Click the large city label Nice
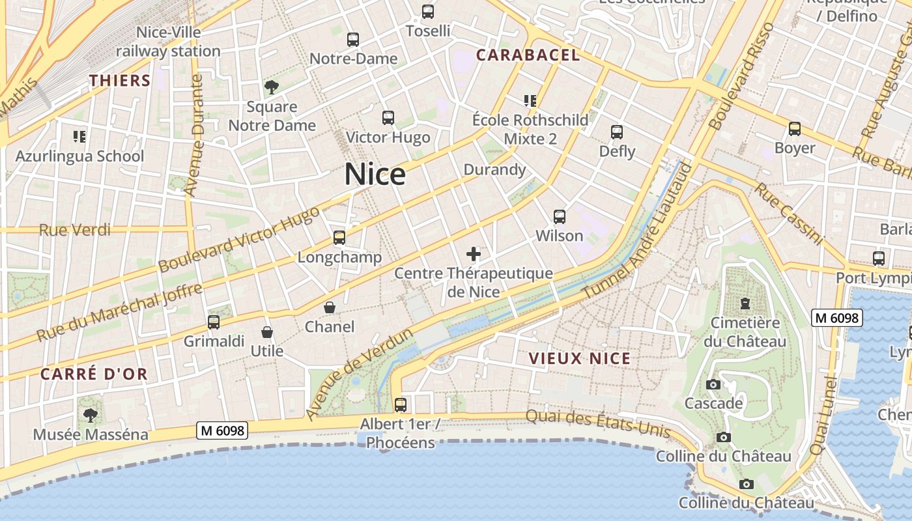[375, 174]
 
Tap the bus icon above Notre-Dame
[353, 40]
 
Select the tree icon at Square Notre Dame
[271, 87]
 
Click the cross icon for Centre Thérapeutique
[474, 254]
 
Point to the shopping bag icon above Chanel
[330, 307]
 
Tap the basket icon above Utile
[266, 332]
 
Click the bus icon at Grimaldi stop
[214, 322]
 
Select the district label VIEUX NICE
[580, 358]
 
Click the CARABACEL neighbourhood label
[528, 55]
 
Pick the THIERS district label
[120, 81]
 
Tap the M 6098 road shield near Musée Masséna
[222, 430]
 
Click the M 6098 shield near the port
[837, 318]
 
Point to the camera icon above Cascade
[713, 384]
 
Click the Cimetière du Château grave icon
[745, 303]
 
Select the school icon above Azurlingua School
[79, 137]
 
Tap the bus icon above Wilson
[559, 217]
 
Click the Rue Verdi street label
[75, 230]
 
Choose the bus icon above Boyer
[795, 129]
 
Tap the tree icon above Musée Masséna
[91, 415]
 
